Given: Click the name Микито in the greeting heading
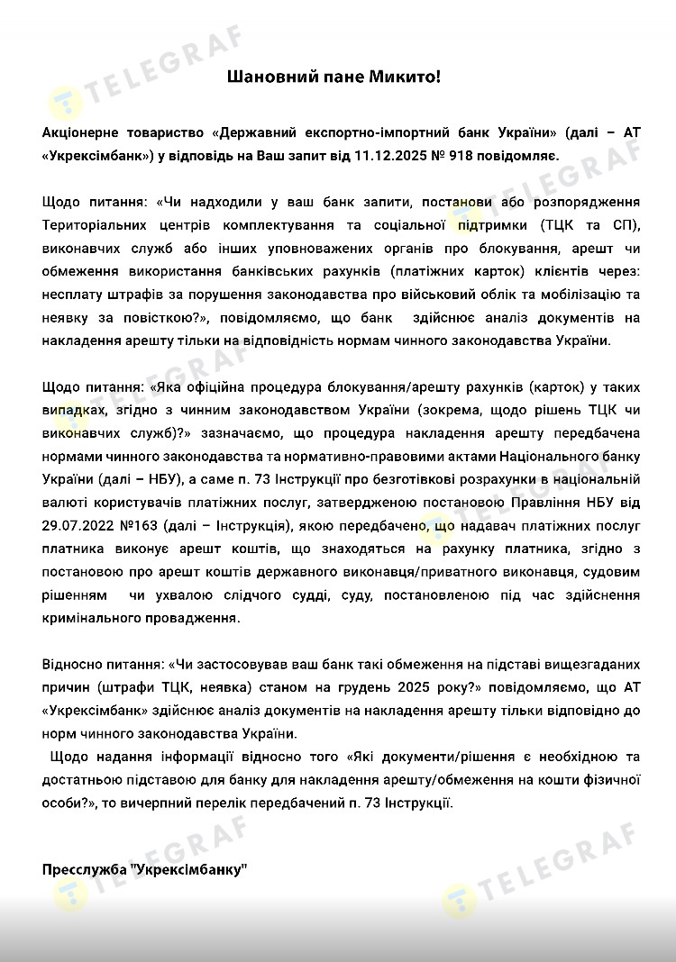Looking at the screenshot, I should (402, 78).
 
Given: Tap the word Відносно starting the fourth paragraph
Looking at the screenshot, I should (74, 665).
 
